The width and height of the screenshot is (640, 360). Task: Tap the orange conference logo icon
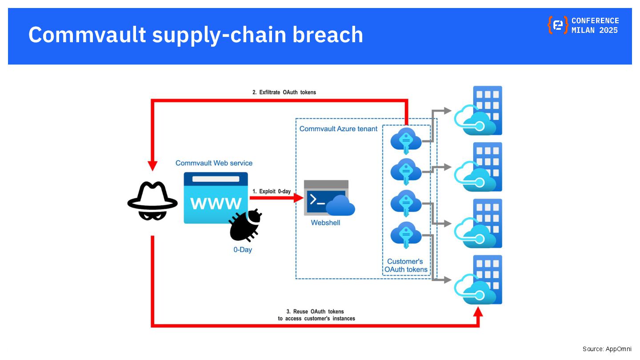tap(557, 25)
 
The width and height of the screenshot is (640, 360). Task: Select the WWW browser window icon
tap(216, 198)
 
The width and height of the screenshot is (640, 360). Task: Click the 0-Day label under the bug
tap(243, 250)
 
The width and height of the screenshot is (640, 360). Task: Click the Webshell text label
tap(325, 223)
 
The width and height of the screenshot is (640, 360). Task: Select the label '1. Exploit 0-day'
tap(272, 192)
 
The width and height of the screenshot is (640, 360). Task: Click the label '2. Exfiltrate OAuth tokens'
tap(284, 92)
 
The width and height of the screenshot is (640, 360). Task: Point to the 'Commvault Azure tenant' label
tap(338, 129)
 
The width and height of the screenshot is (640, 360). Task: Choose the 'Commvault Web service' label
tap(214, 163)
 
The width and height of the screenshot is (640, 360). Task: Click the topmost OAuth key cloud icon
tap(406, 140)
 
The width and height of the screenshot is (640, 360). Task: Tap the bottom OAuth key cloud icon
tap(406, 234)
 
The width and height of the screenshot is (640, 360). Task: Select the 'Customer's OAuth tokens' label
tap(406, 265)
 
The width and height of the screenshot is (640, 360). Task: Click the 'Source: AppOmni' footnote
tap(607, 349)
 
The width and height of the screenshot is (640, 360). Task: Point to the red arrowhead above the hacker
tap(152, 165)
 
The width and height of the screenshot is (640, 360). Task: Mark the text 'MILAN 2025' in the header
tap(595, 30)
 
